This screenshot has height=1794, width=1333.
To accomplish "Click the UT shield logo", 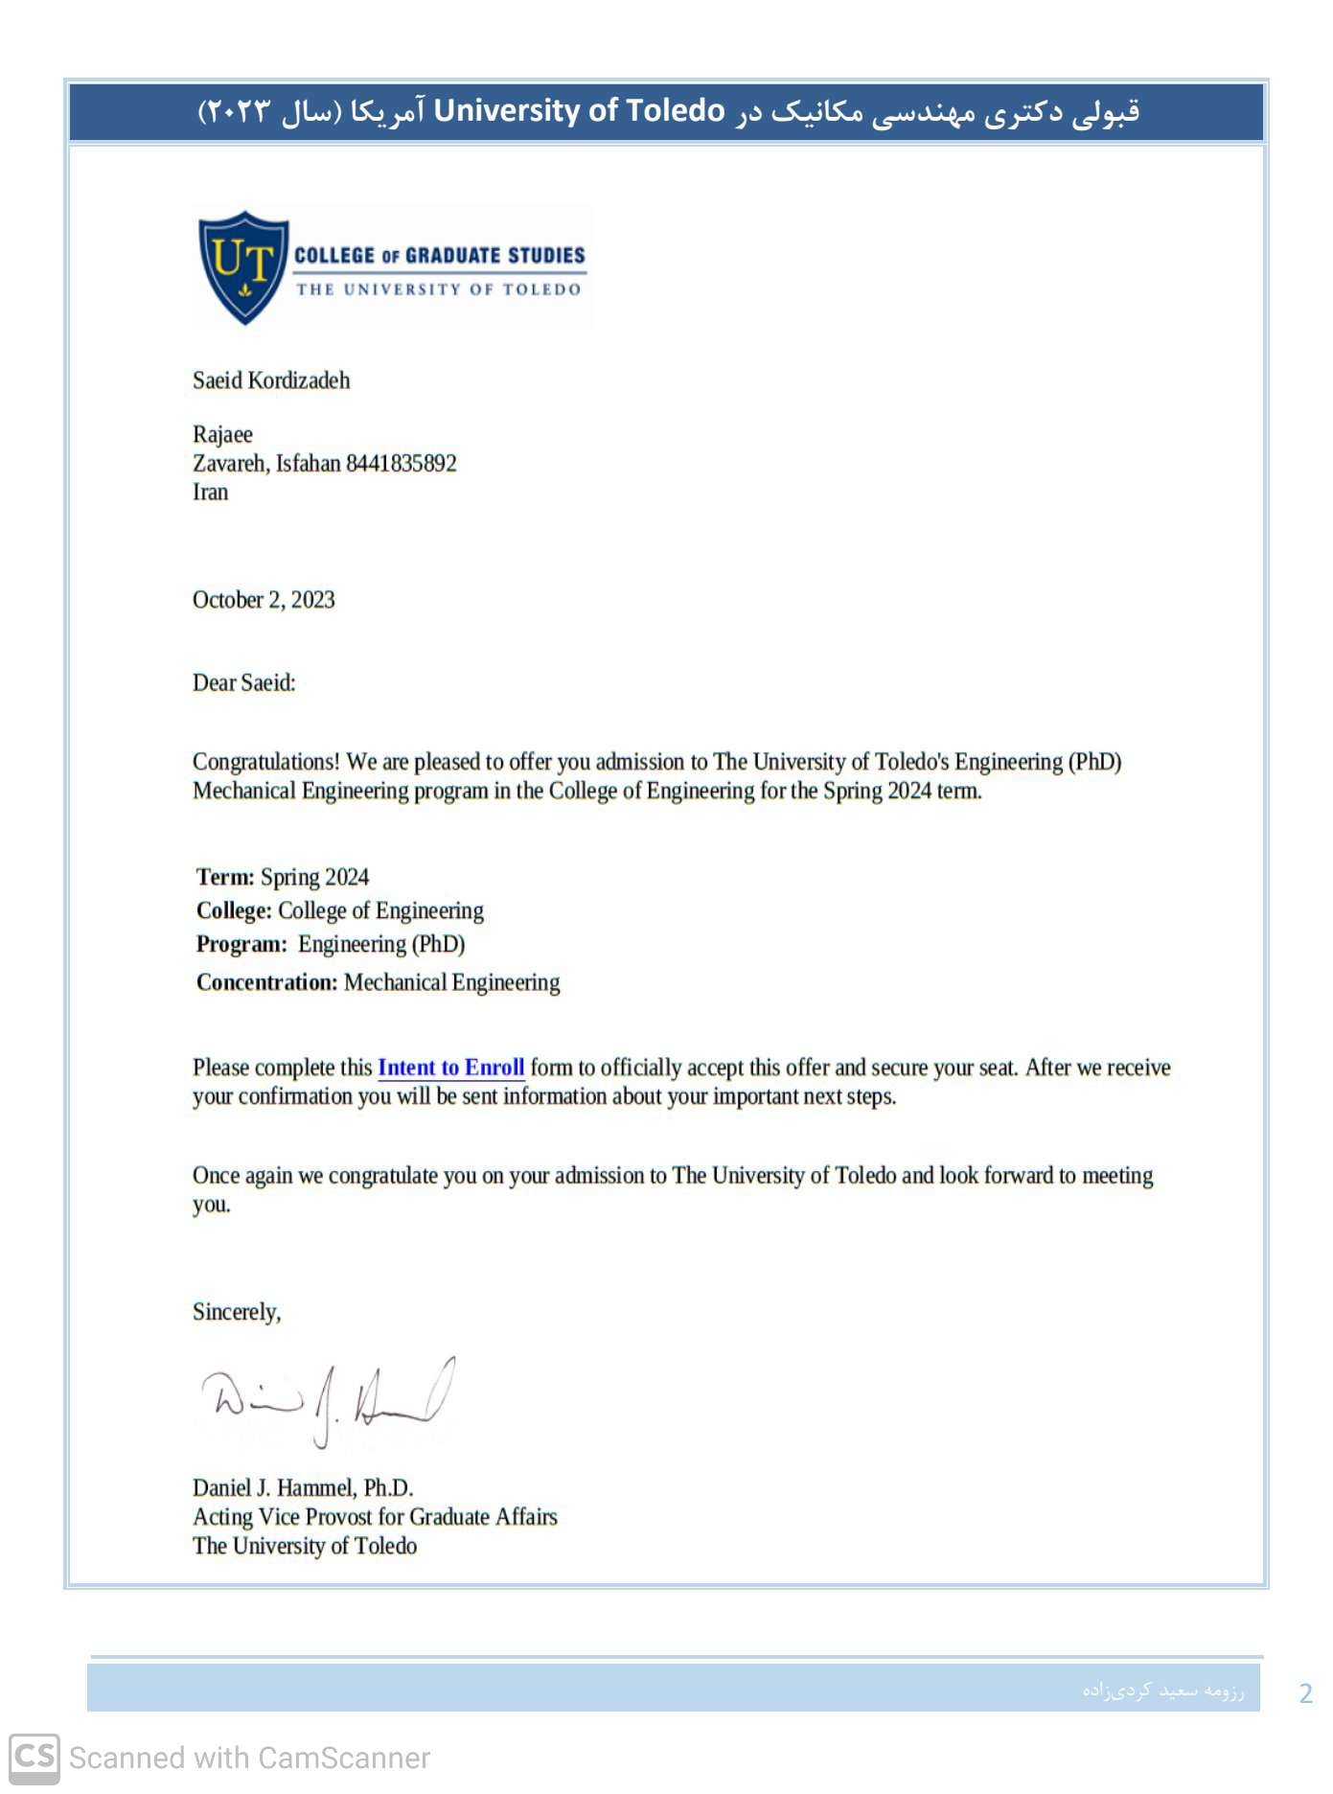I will point(243,266).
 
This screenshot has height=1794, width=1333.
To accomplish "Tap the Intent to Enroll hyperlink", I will point(450,1068).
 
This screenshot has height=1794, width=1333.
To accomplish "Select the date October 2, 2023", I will point(264,600).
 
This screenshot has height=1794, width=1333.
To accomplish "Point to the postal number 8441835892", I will point(401,464).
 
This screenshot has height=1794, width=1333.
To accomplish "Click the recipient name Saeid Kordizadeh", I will point(271,380).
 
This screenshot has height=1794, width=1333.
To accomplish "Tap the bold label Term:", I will point(225,877).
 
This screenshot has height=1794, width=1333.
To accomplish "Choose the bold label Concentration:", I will point(266,982).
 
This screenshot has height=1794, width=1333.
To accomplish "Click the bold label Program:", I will point(241,944).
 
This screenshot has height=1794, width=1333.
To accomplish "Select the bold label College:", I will point(234,910).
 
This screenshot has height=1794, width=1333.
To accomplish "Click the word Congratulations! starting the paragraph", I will point(265,762).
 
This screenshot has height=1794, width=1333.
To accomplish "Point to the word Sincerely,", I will point(237,1312).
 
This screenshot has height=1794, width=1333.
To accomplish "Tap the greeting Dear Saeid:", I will point(243,682).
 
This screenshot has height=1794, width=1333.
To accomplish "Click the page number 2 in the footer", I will point(1305,1693).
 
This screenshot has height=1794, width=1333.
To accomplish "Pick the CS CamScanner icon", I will point(34,1758).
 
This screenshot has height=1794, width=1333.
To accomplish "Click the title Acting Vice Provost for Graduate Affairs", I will point(375,1517).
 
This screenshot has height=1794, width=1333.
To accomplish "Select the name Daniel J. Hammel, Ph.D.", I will point(303,1488).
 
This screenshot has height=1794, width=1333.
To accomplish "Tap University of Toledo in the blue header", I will point(579,111).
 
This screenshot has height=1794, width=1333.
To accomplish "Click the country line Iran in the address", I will point(210,493).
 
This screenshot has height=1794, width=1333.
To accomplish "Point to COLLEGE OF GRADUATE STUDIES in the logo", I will point(439,255).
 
